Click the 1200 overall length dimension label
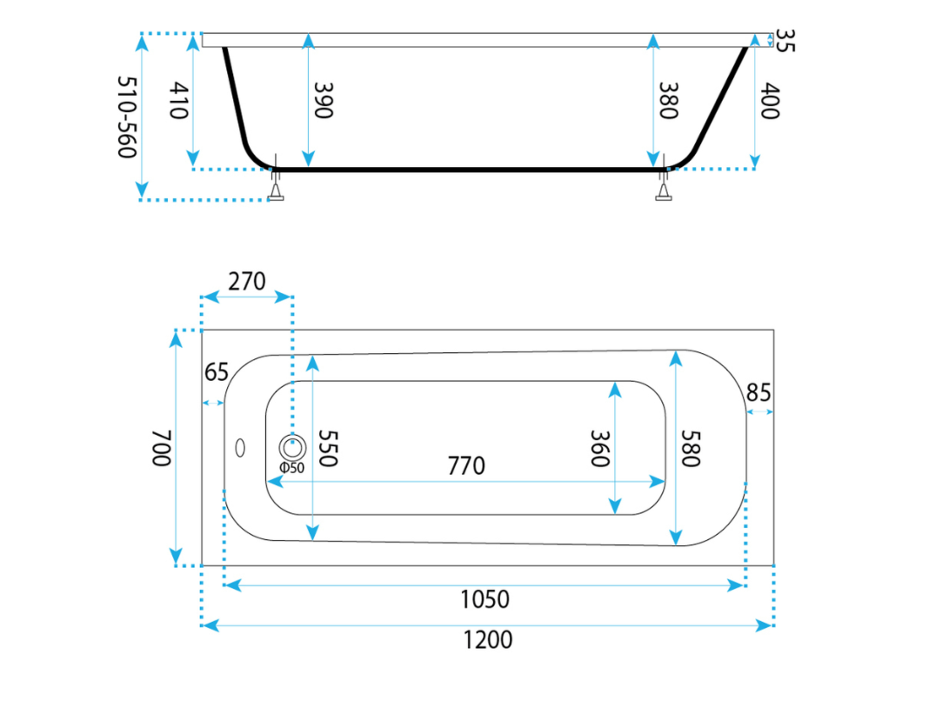point(488,639)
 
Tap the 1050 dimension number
point(485,599)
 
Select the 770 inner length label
point(466,466)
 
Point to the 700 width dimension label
point(162,448)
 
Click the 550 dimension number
point(327,449)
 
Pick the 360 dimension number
point(599,449)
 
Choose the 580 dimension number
point(691,449)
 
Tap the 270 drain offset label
point(247,282)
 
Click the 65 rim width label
point(216,372)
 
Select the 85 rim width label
point(759,393)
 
